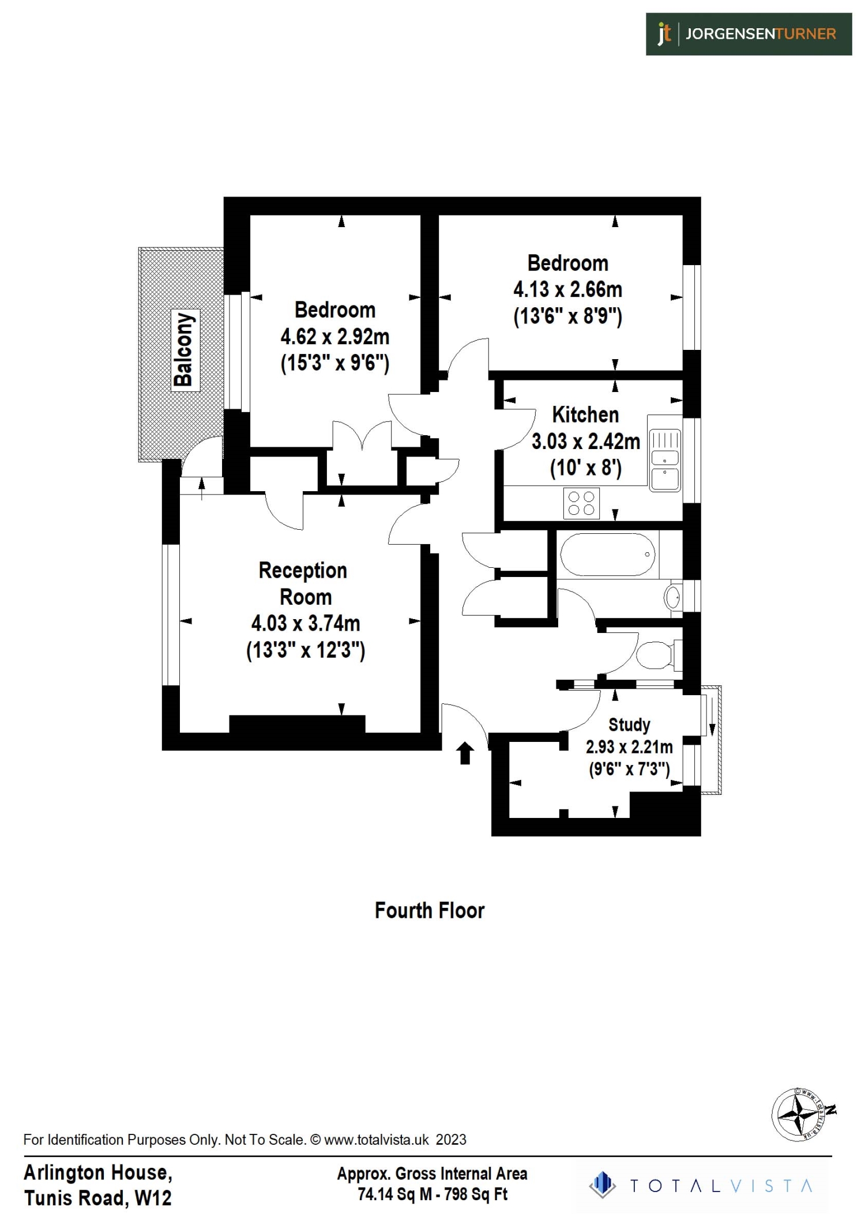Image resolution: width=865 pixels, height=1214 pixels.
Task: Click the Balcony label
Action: tap(185, 350)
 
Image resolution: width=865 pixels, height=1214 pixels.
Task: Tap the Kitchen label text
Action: tap(585, 414)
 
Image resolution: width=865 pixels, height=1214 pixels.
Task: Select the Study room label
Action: tap(629, 725)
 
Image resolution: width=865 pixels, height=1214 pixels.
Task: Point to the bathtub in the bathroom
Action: tap(607, 555)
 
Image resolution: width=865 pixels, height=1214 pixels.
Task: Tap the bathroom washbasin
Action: tap(673, 597)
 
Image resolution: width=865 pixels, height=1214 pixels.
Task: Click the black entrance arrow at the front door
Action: tap(465, 753)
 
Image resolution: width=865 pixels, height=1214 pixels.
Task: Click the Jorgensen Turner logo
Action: tap(748, 34)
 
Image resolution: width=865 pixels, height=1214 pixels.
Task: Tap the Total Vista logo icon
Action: tap(602, 1185)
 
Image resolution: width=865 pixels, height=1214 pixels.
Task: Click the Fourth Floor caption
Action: tap(430, 911)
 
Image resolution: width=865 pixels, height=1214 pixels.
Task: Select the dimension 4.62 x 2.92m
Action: tap(334, 337)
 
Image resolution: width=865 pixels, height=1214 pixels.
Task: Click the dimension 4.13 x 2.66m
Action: tap(567, 289)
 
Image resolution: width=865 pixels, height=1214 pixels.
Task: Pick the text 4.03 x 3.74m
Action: tap(306, 624)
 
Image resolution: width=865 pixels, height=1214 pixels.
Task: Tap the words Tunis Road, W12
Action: tap(97, 1198)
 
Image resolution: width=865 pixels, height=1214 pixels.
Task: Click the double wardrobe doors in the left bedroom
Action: tap(362, 436)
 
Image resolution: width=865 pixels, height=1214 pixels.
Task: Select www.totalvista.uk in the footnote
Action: tap(376, 1140)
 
